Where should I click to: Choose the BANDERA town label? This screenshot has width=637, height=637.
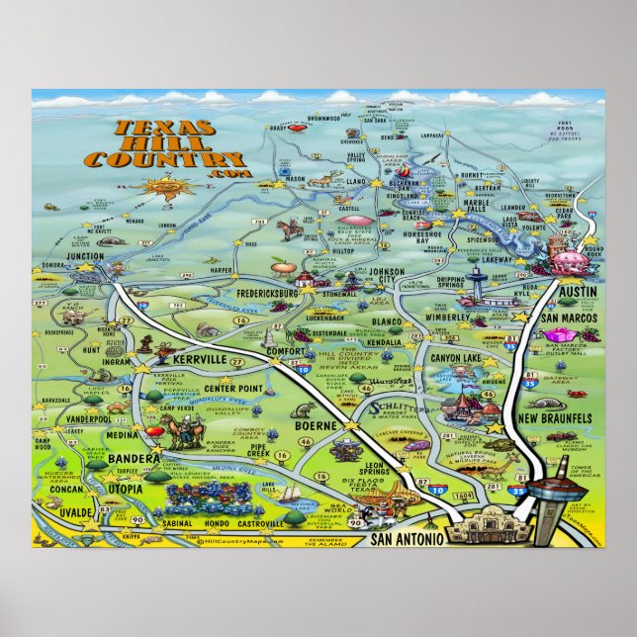point(136,460)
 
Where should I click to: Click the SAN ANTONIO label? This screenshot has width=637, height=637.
point(403,539)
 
